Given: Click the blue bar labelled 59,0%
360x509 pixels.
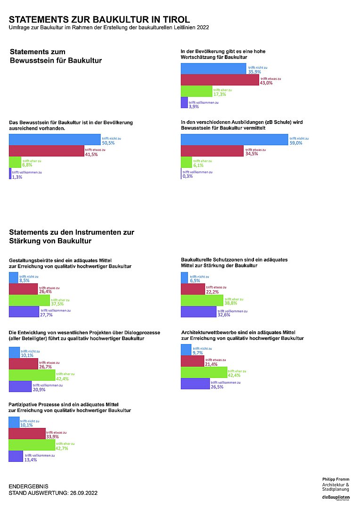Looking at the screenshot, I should tap(234, 140).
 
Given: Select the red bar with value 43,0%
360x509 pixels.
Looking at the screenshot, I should tap(220, 80).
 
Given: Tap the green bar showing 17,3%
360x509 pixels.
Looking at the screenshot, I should tap(196, 91).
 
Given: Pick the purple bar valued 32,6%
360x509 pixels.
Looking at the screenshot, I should tap(198, 312).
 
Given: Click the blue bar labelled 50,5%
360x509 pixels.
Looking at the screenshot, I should tap(55, 140).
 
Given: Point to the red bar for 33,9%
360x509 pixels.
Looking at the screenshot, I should tap(27, 434).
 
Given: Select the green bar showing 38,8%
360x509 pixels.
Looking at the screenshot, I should tap(202, 301).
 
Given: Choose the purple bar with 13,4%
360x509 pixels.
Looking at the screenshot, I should tap(16, 456).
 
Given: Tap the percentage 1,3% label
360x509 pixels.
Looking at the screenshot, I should tap(17, 177).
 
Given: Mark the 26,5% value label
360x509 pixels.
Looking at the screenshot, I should tap(217, 386).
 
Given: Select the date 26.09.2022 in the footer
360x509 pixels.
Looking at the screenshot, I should tap(83, 493).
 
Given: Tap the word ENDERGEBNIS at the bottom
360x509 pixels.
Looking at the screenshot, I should tap(28, 486).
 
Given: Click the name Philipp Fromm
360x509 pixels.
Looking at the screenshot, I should tap(335, 479).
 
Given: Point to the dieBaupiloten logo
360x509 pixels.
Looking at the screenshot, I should tap(335, 498).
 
